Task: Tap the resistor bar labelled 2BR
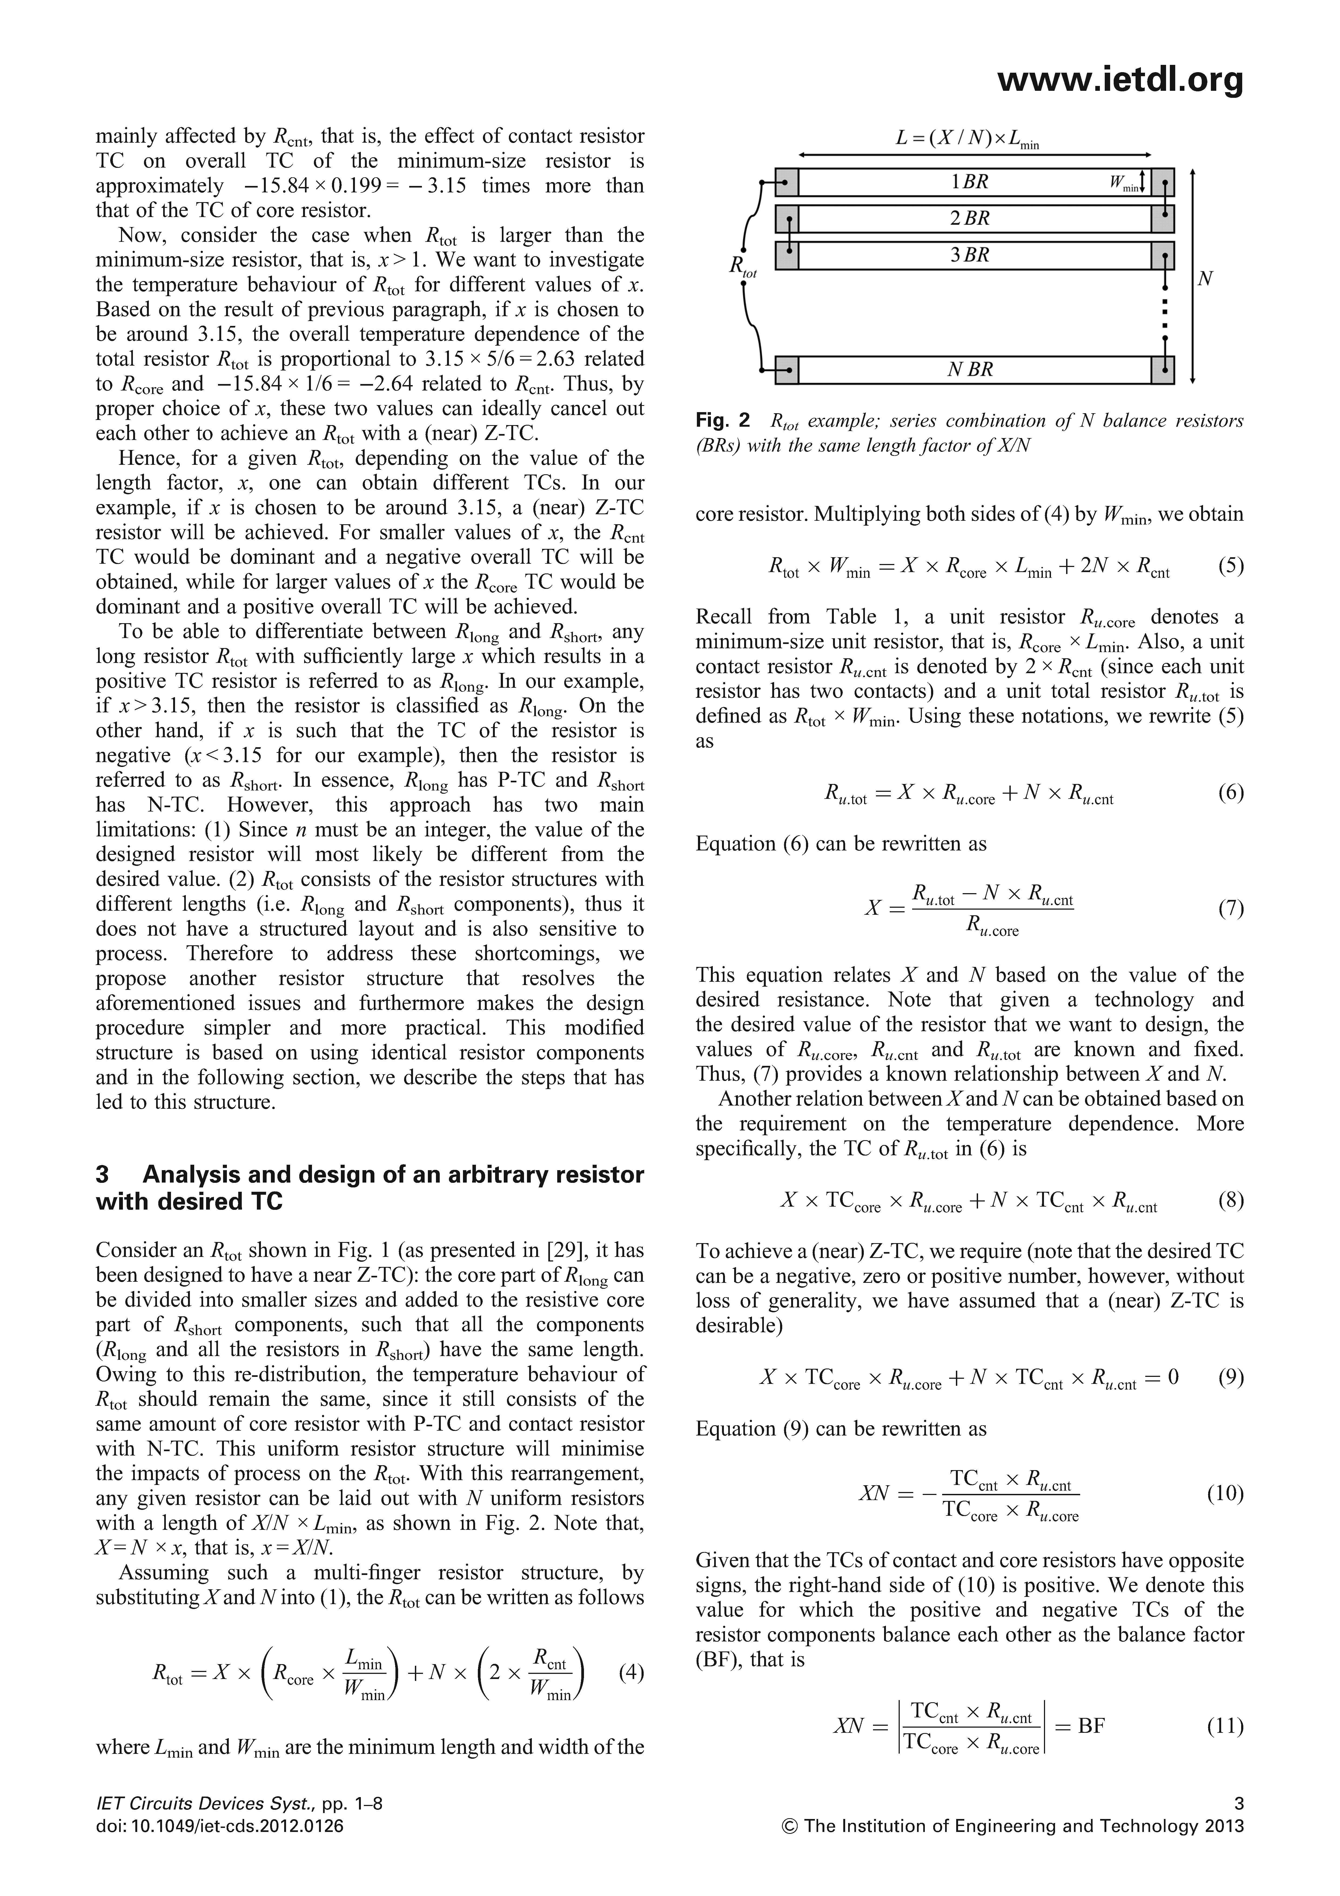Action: [x=974, y=219]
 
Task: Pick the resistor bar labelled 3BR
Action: [x=974, y=255]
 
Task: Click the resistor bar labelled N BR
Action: [x=974, y=370]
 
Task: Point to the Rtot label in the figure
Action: [x=741, y=266]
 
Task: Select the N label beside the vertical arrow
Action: [x=1205, y=279]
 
